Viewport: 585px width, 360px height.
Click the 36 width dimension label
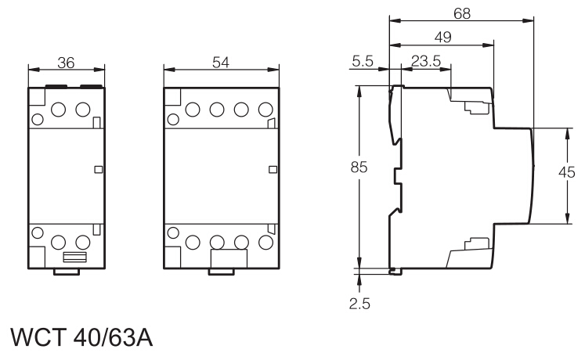coord(67,64)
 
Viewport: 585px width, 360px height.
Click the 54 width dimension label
coord(221,64)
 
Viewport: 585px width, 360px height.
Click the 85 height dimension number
coord(359,168)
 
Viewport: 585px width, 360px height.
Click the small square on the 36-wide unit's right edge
coord(98,169)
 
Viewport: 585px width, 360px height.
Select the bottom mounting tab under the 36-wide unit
coord(67,272)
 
